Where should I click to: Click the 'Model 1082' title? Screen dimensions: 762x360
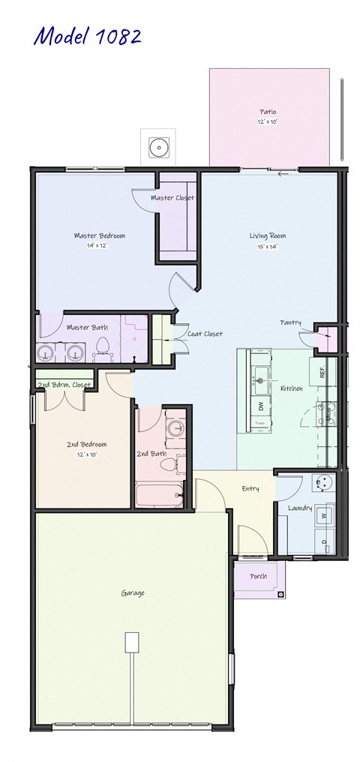87,36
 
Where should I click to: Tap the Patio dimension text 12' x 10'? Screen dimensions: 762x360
268,122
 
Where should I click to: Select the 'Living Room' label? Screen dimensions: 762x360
268,236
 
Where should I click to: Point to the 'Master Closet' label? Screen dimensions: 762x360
172,198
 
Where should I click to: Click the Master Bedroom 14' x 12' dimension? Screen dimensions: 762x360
100,245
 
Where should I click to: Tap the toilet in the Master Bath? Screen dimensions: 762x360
104,347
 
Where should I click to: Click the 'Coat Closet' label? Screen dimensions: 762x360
205,334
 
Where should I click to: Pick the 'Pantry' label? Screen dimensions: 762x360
291,322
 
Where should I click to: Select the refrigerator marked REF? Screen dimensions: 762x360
322,370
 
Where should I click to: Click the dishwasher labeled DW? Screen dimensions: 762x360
260,406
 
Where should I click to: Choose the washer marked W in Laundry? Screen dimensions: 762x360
324,516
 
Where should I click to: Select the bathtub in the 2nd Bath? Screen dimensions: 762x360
159,495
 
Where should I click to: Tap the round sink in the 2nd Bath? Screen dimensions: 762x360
175,429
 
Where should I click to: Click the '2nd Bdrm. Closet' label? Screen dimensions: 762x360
64,385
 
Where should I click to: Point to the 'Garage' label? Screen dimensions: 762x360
133,593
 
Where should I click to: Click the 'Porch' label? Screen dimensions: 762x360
256,576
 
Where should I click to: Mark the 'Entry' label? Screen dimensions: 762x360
250,489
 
